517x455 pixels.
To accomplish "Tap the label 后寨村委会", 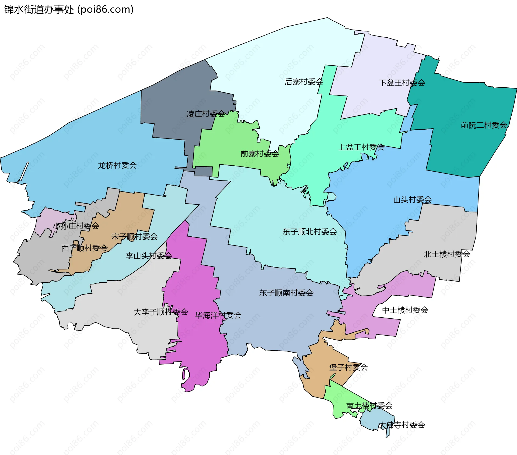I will [x=304, y=82].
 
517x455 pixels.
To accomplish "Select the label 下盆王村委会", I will [x=402, y=83].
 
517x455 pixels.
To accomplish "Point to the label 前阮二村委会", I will [x=484, y=125].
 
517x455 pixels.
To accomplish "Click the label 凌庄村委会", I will [x=206, y=114].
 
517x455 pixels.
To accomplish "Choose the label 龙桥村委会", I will [x=117, y=165].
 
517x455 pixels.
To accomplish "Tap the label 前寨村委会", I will [x=260, y=154].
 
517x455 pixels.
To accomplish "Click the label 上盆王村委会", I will [x=361, y=147].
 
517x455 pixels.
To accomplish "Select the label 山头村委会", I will [x=412, y=200].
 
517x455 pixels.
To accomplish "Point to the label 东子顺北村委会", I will [x=309, y=232].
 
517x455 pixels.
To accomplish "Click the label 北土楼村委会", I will [x=447, y=254].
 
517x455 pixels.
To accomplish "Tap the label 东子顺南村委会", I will [x=286, y=293].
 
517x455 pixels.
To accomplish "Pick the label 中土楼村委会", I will [x=405, y=310].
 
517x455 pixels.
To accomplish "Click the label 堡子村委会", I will [x=348, y=367].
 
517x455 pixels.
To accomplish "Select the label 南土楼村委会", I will [x=369, y=406].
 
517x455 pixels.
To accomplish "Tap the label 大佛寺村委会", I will [x=401, y=425].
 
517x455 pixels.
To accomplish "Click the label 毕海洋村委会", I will [x=218, y=315].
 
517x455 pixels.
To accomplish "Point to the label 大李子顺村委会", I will [x=160, y=312].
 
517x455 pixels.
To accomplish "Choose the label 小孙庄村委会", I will [x=76, y=226].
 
